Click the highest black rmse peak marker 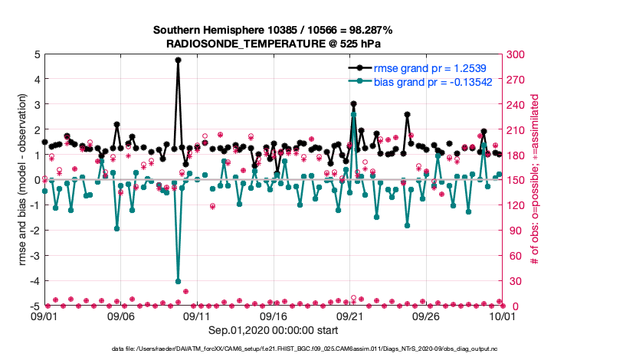[178, 60]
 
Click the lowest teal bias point [178, 281]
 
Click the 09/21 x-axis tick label [350, 316]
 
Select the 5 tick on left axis [36, 54]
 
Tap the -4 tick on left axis [34, 281]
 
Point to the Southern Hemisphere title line [274, 30]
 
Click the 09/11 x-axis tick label [198, 316]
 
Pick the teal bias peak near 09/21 [353, 114]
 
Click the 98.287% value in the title [370, 30]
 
